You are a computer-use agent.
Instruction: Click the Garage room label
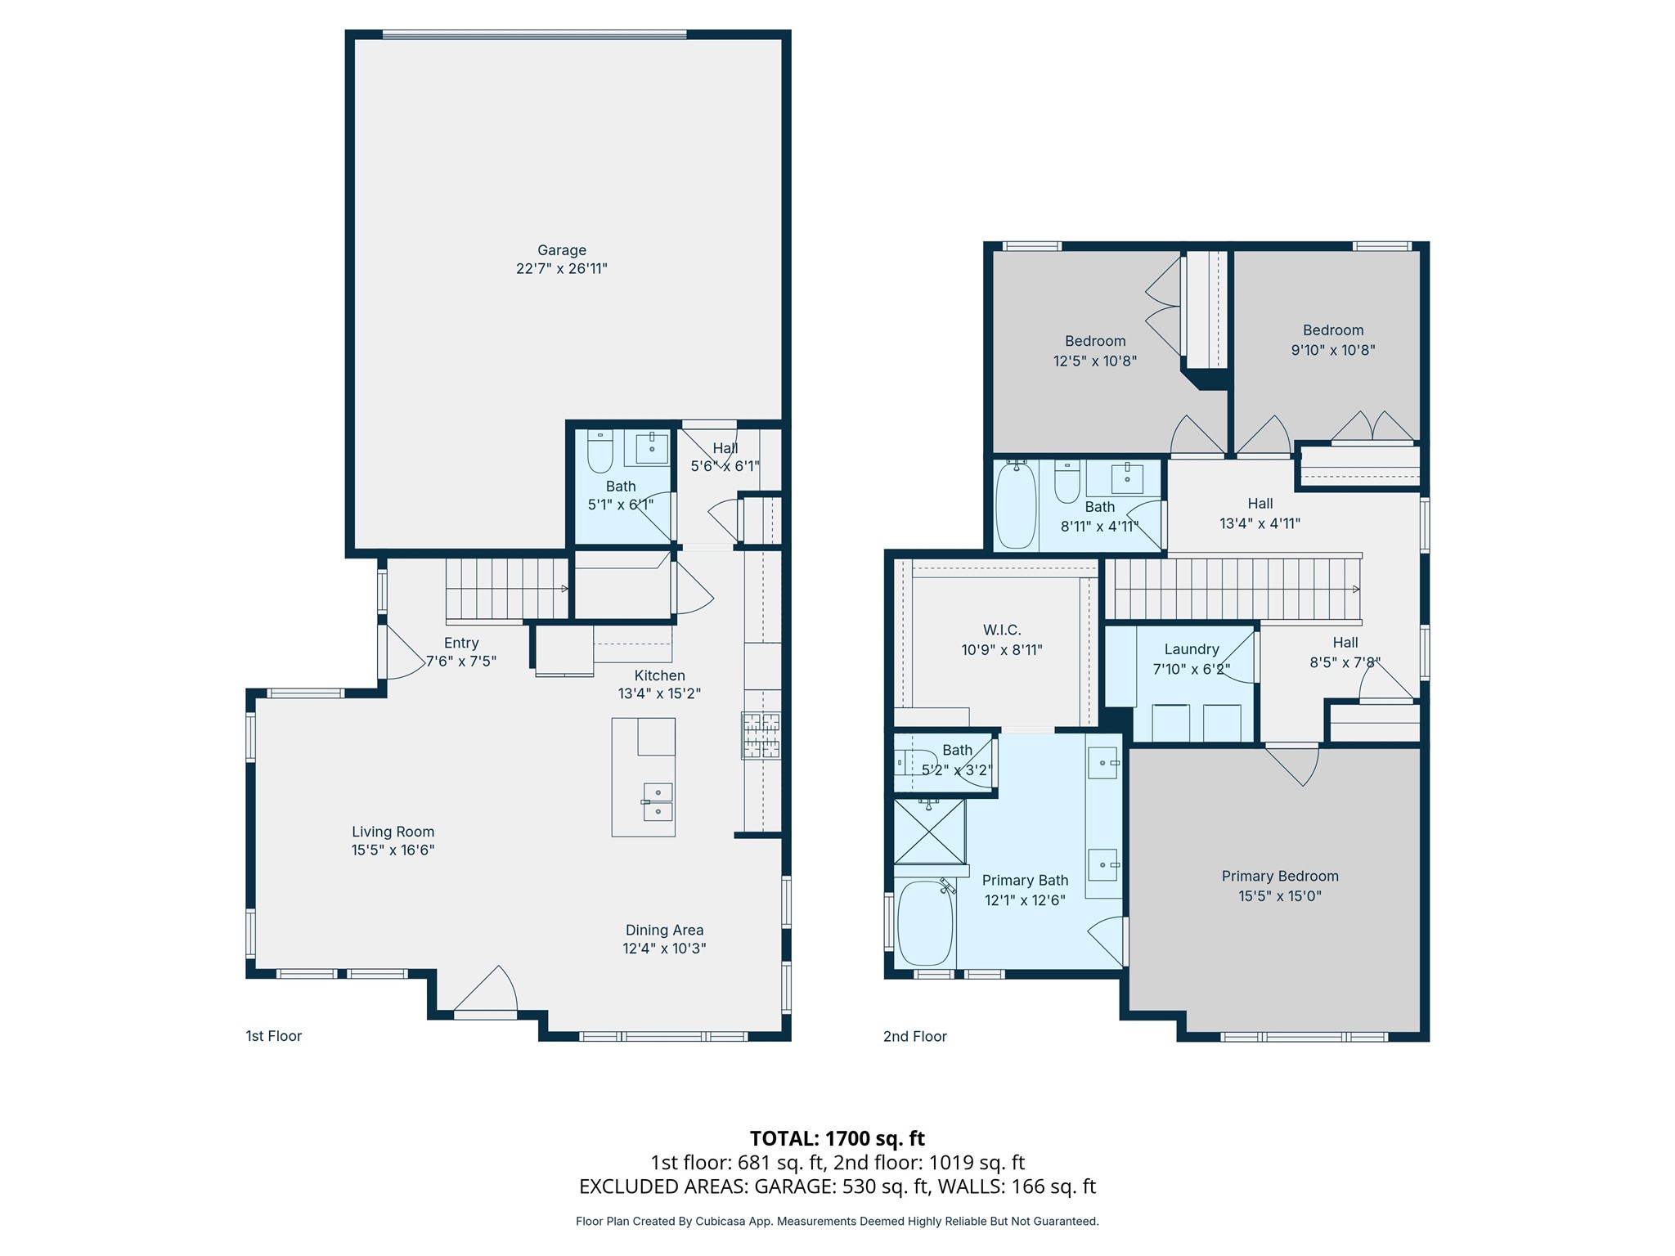pos(562,250)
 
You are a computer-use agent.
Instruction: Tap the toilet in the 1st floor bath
pos(600,451)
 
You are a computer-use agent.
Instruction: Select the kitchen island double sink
pos(658,801)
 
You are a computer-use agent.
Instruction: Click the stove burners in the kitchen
pos(761,735)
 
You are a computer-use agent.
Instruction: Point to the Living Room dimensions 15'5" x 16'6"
pos(393,850)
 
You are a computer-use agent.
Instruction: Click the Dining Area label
pos(664,930)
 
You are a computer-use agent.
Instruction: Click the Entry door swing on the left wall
pos(405,652)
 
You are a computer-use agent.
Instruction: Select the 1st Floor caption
pos(274,1036)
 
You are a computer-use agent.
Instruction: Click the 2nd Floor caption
pos(915,1036)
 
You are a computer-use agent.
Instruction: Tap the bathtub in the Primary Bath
pos(926,924)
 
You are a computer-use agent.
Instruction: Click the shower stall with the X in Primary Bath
pos(929,831)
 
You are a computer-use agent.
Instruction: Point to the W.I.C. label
pos(1002,630)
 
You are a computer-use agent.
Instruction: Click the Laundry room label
pos(1192,649)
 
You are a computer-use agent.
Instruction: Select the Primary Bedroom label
pos(1280,876)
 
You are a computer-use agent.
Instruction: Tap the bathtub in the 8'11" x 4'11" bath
pos(1017,505)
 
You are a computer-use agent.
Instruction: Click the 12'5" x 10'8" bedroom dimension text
pos(1095,361)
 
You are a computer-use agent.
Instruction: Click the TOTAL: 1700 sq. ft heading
pos(837,1138)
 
